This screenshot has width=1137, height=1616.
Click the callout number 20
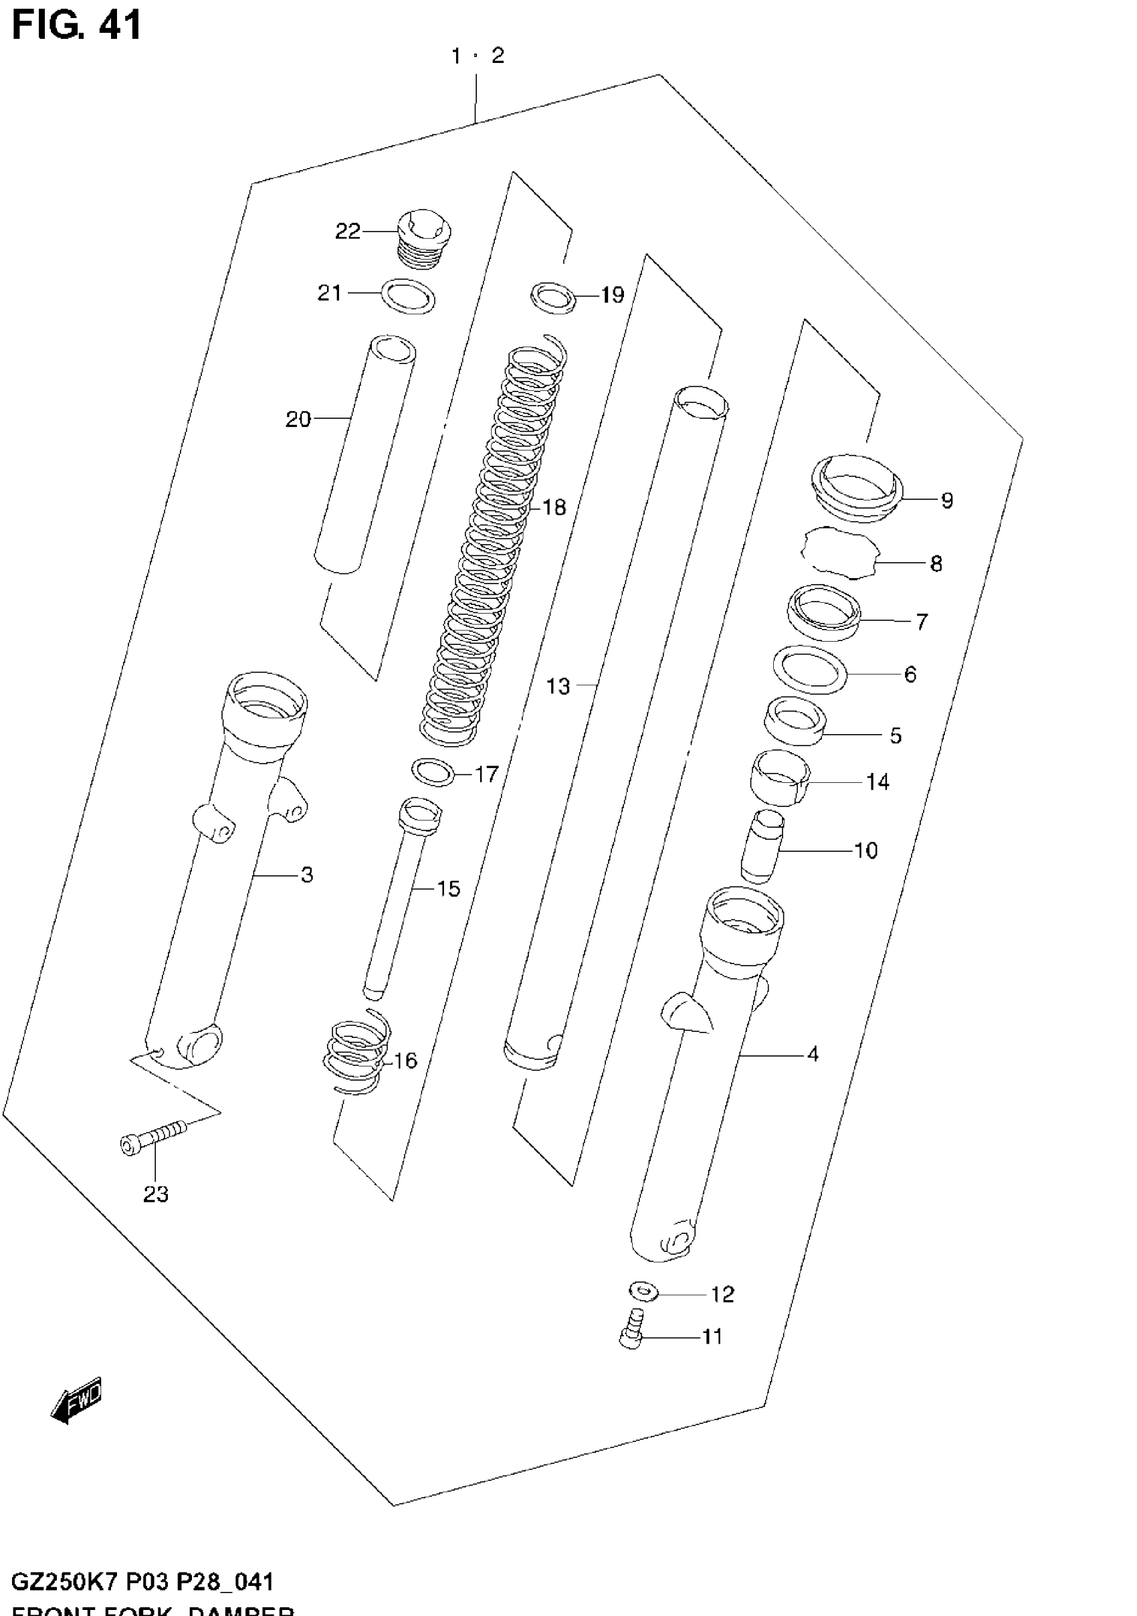tap(298, 420)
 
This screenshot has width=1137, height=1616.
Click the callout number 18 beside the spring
tap(554, 507)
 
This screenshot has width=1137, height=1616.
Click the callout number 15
tap(448, 888)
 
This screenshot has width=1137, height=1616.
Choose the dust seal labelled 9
tap(856, 488)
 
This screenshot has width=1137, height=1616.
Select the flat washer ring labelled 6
tap(809, 669)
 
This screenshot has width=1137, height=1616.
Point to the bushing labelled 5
tap(795, 720)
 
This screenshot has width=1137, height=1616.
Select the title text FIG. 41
tap(77, 24)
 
